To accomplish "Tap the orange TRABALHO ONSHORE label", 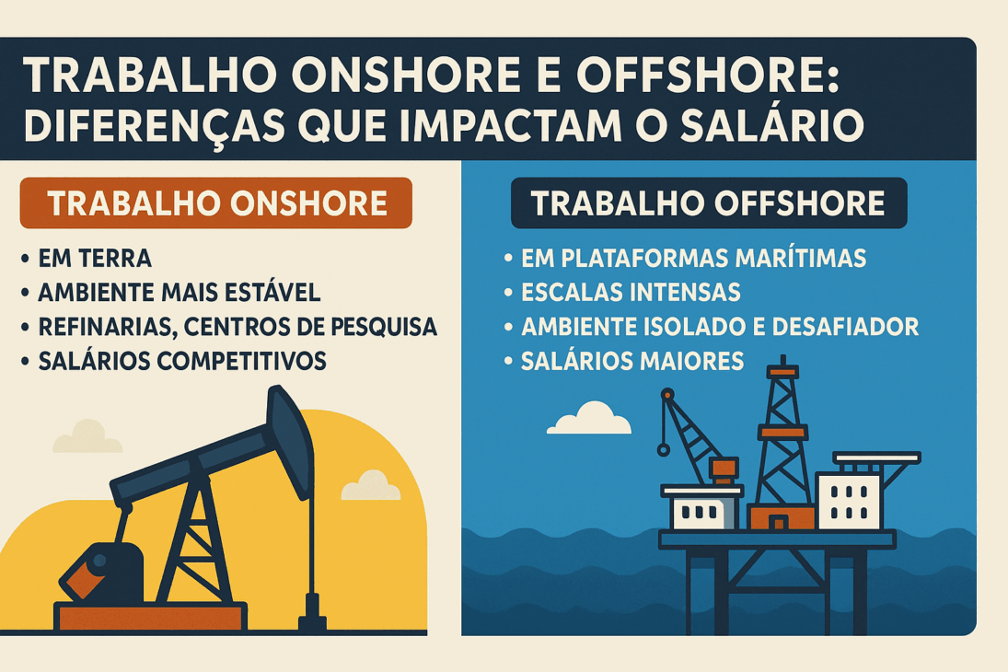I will coord(216,203).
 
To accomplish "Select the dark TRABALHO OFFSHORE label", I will coord(708,203).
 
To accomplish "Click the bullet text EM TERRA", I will coord(95,259).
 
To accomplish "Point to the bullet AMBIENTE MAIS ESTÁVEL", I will coord(179,293).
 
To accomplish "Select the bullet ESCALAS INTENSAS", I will coord(631,293).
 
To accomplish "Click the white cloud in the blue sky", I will coord(589,420).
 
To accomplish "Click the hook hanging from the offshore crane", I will coord(662,449).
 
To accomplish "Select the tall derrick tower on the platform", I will coord(782,433).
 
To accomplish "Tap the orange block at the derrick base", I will coord(781,516).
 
